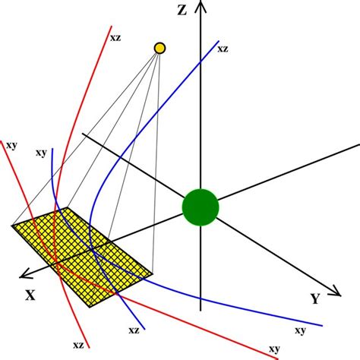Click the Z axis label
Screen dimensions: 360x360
181,10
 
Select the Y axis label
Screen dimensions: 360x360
314,298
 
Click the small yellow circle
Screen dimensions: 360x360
159,49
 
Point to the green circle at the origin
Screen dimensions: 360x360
201,207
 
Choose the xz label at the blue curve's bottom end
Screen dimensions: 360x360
133,330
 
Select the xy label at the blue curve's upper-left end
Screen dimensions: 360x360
41,153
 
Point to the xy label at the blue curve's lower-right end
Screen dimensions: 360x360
300,330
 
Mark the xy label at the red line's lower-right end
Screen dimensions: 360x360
273,349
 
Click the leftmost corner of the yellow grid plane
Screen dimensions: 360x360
12,225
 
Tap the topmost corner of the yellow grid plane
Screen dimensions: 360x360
68,207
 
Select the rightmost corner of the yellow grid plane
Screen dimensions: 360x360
153,273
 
